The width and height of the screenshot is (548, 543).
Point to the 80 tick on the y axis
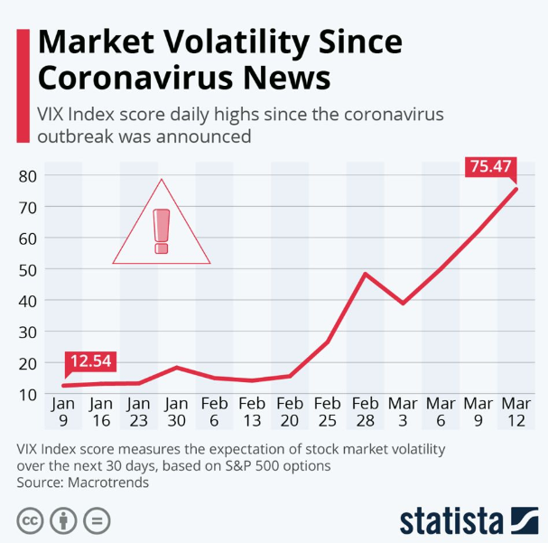[27, 175]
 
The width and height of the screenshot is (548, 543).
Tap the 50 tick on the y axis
[27, 269]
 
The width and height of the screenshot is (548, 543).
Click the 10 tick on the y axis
[27, 394]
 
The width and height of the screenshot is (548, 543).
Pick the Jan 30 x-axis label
[176, 412]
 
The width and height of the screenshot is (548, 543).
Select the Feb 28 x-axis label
[365, 412]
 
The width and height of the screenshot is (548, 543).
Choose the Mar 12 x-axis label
[516, 412]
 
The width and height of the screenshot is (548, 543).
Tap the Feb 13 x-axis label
[252, 412]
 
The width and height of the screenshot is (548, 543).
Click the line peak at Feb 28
[365, 273]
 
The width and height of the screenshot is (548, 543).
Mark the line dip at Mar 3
[403, 303]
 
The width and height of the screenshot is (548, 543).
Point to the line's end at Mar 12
[516, 188]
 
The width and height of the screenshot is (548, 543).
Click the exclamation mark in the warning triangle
[162, 230]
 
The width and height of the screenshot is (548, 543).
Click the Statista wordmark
[450, 521]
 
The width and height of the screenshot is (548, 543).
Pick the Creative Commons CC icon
[30, 521]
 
